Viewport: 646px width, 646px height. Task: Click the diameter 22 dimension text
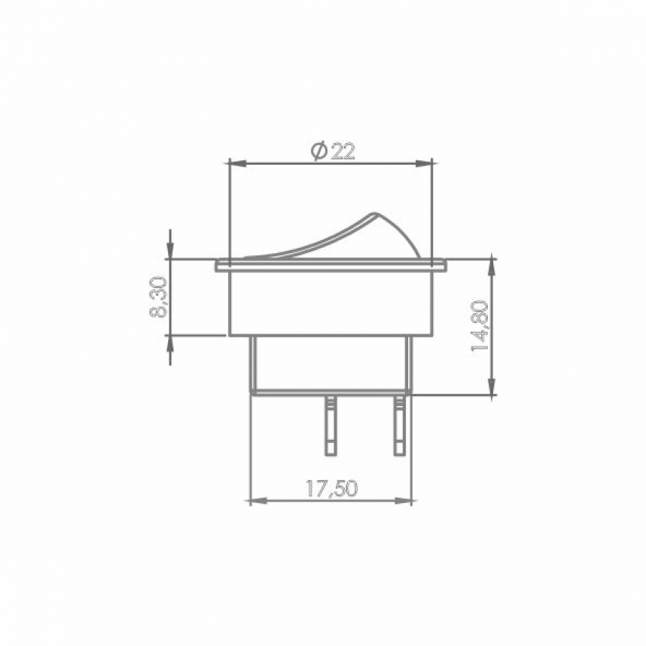click(x=332, y=151)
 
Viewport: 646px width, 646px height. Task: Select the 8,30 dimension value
click(x=158, y=297)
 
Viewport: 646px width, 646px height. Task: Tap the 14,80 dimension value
click(x=480, y=326)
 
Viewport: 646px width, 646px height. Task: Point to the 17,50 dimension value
click(x=332, y=489)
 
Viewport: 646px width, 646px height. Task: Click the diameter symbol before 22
click(x=319, y=151)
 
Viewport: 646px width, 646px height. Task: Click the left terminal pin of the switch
click(x=331, y=426)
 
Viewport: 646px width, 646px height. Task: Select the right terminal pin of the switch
click(x=399, y=426)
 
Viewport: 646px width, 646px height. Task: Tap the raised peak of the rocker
click(x=374, y=214)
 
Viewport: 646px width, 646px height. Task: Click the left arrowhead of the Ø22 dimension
click(x=236, y=164)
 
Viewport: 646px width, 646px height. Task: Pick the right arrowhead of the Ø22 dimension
click(x=424, y=164)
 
